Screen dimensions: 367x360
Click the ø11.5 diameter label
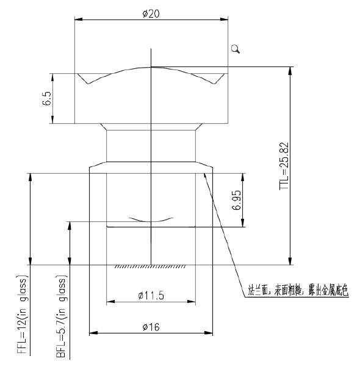[x=151, y=296]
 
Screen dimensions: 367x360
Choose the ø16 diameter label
[x=151, y=327]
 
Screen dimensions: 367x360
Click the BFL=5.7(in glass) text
[x=62, y=317]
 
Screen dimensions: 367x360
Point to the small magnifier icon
[x=236, y=50]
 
